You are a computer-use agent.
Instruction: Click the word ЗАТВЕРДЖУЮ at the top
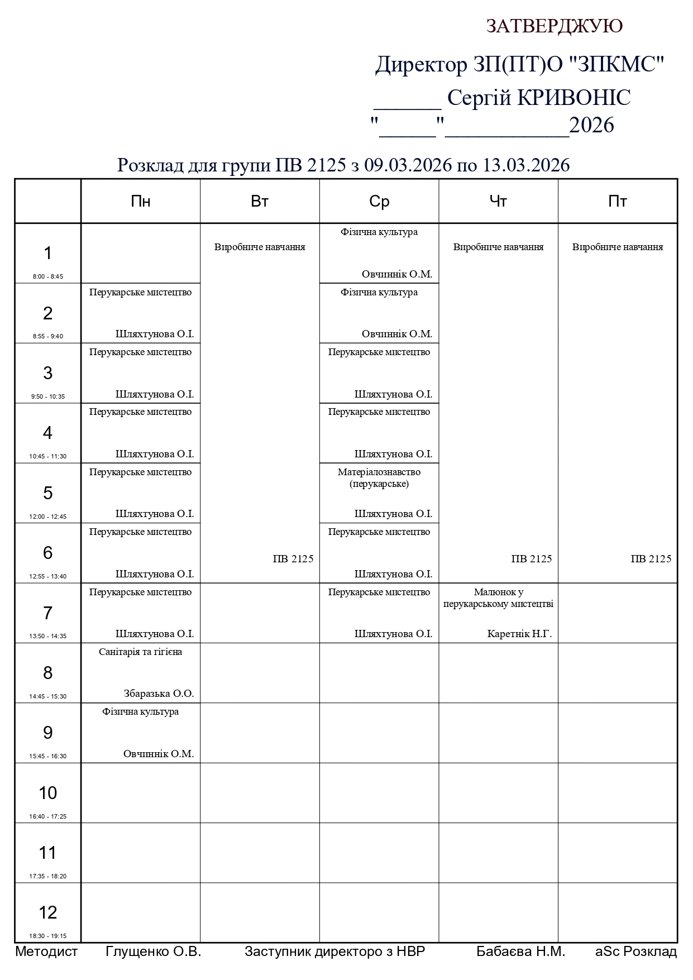pyautogui.click(x=554, y=26)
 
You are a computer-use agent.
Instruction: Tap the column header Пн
pyautogui.click(x=140, y=202)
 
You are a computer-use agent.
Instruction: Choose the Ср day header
pyautogui.click(x=379, y=202)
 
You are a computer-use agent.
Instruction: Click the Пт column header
pyautogui.click(x=618, y=202)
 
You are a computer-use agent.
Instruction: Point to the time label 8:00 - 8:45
pyautogui.click(x=48, y=276)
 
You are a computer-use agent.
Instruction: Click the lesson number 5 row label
pyautogui.click(x=48, y=493)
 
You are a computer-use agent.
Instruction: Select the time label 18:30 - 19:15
pyautogui.click(x=48, y=936)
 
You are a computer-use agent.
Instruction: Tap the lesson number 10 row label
pyautogui.click(x=48, y=793)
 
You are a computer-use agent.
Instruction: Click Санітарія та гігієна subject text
pyautogui.click(x=140, y=652)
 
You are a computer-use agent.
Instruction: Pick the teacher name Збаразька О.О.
pyautogui.click(x=159, y=694)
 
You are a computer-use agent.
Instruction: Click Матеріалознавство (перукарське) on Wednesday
pyautogui.click(x=379, y=477)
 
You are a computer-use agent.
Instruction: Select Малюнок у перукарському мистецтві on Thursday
pyautogui.click(x=498, y=597)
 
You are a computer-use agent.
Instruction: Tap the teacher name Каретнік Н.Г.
pyautogui.click(x=519, y=634)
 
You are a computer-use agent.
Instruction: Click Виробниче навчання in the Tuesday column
pyautogui.click(x=260, y=247)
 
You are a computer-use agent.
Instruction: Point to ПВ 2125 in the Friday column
pyautogui.click(x=651, y=559)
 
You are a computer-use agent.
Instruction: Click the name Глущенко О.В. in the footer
pyautogui.click(x=153, y=952)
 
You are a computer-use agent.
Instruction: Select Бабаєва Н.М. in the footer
pyautogui.click(x=520, y=952)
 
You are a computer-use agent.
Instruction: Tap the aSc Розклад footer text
pyautogui.click(x=636, y=952)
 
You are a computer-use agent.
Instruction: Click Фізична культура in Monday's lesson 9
pyautogui.click(x=140, y=711)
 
